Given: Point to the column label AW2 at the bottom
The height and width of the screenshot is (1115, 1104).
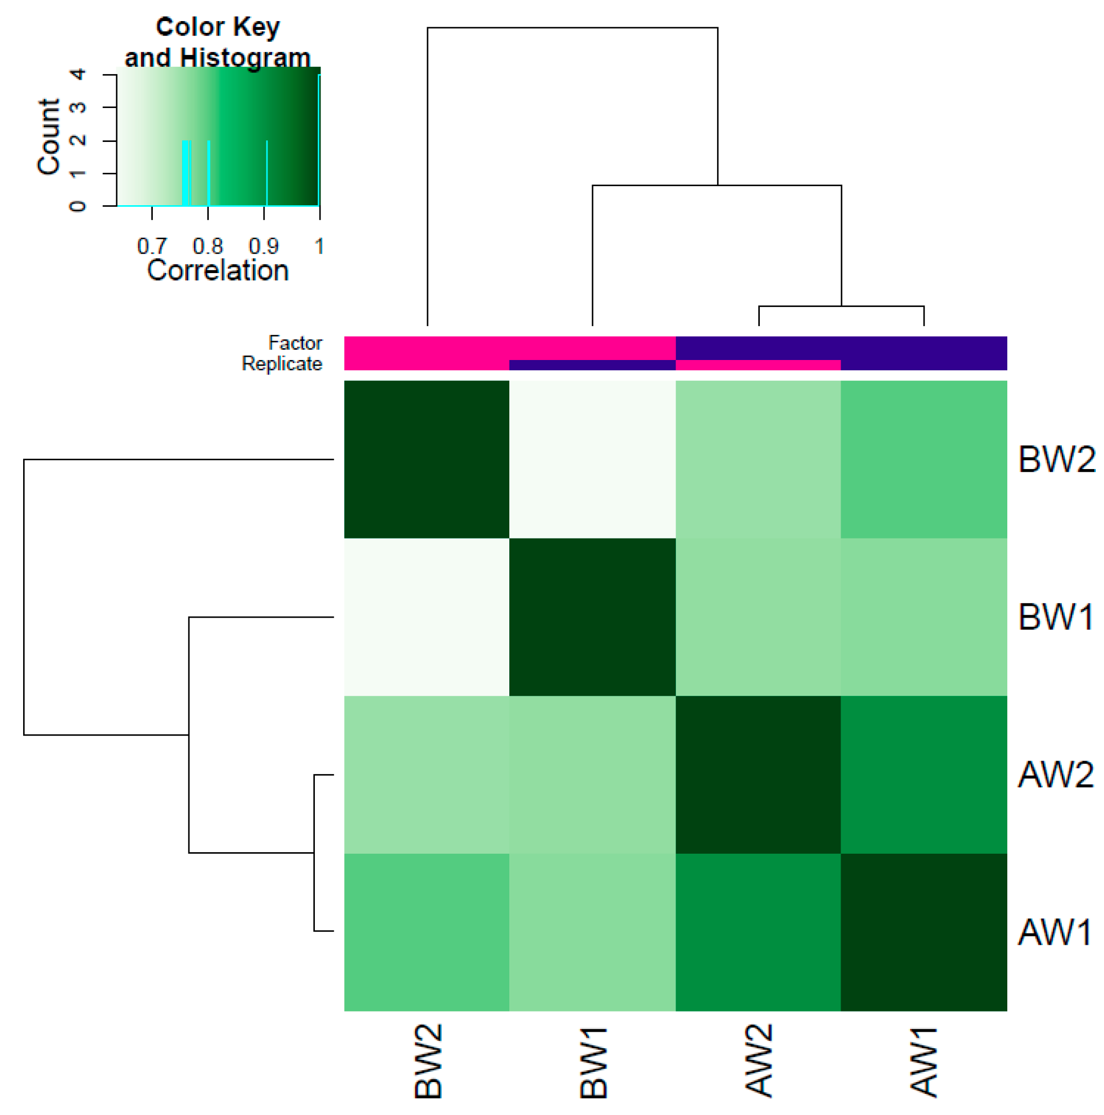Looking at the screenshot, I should (x=758, y=1061).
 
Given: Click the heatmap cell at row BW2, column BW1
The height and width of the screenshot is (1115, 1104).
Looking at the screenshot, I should (x=593, y=459).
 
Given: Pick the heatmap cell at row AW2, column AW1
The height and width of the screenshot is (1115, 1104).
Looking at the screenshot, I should (x=924, y=775).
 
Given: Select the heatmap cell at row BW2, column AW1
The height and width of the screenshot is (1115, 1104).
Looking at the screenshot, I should (x=924, y=459).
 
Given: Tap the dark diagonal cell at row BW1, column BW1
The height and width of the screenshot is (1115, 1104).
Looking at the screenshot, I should (x=593, y=617).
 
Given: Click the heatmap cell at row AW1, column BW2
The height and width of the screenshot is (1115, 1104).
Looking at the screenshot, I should (x=426, y=932).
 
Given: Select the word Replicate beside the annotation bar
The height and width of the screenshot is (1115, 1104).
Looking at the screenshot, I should (x=281, y=364).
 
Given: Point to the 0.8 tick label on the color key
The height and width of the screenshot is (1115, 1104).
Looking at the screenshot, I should (x=207, y=246).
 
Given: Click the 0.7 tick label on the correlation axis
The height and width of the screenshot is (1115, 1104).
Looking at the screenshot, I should (x=151, y=246).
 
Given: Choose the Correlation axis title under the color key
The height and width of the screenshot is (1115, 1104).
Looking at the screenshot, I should (x=218, y=270).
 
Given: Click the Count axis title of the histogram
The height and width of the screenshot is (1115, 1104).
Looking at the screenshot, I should (x=48, y=136).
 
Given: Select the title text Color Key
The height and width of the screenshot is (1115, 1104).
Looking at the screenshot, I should (x=218, y=27).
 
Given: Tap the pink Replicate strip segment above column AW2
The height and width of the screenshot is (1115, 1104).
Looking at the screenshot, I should (x=758, y=365).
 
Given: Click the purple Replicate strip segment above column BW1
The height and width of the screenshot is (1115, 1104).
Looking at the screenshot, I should (x=593, y=365).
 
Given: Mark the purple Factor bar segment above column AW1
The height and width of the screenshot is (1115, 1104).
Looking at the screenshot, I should (x=924, y=348).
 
